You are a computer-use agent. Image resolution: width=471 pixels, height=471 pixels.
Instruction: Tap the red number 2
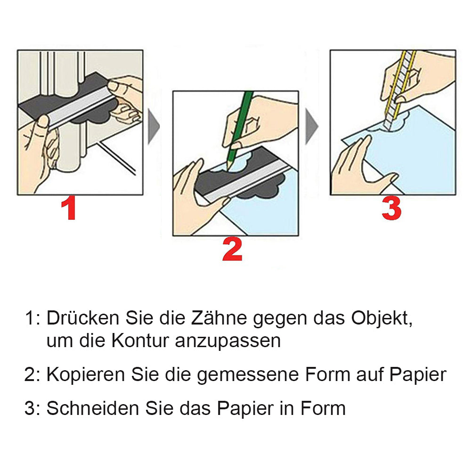(232, 249)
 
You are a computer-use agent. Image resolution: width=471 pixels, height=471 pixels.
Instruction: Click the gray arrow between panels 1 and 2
(154, 126)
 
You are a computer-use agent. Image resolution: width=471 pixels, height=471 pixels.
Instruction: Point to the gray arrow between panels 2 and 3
(311, 126)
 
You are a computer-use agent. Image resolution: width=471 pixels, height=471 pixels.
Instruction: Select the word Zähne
(219, 318)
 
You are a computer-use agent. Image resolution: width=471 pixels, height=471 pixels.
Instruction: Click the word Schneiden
(92, 408)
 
